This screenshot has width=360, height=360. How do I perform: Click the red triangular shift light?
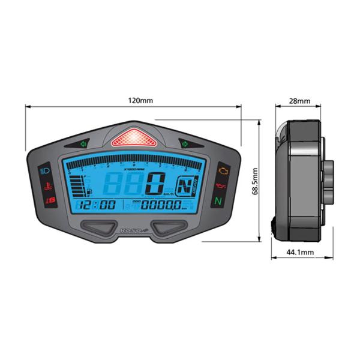click(134, 139)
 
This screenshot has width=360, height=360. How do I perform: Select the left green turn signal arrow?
click(83, 143)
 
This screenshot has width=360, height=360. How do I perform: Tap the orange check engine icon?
click(223, 172)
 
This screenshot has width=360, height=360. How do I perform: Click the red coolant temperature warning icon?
click(46, 186)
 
